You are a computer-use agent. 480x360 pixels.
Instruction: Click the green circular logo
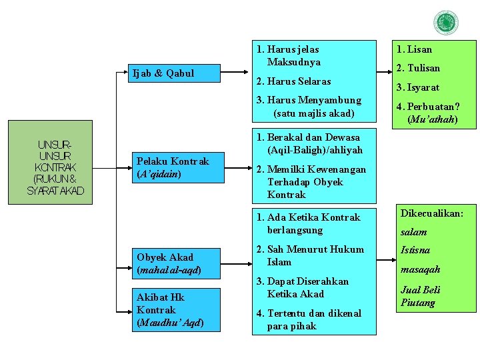tap(445, 23)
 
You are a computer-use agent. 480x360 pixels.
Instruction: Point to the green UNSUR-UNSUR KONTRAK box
tap(56, 167)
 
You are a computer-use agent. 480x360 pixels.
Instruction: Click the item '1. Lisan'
tap(414, 49)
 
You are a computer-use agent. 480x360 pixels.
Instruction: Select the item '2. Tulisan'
tap(418, 68)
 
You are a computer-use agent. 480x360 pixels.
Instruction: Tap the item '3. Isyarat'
tap(418, 87)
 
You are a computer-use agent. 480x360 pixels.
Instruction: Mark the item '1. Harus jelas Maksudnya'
tap(289, 55)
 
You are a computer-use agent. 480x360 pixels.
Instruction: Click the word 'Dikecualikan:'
tap(431, 213)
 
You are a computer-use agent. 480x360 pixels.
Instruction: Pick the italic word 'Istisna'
tap(415, 251)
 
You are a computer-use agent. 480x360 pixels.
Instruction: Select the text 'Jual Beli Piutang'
tap(420, 296)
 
